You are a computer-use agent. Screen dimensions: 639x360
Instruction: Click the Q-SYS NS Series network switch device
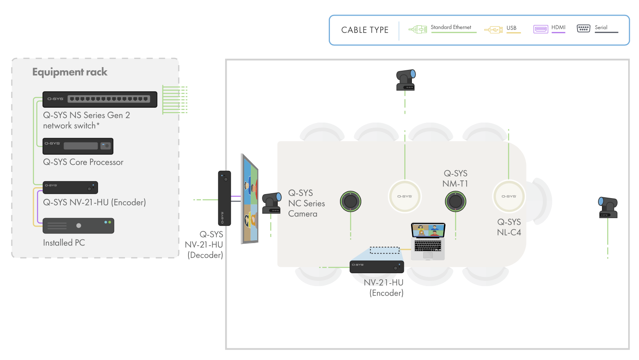pos(100,99)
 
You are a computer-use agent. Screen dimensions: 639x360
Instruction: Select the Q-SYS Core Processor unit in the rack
pos(78,146)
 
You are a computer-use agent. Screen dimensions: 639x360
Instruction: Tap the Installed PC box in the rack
pos(78,226)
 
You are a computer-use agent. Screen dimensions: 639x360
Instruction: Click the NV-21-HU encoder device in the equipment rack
pos(70,187)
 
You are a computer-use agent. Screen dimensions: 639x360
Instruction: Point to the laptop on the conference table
pos(428,241)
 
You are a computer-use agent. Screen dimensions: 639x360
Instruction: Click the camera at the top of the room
pos(406,80)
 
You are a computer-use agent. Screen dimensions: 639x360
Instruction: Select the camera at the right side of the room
pos(608,207)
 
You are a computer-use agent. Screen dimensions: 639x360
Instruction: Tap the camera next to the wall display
pos(272,203)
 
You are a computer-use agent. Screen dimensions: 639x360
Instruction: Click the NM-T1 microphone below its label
pos(456,201)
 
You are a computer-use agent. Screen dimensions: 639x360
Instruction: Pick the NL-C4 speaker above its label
pos(509,196)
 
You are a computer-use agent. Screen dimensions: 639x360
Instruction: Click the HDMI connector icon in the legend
pos(541,29)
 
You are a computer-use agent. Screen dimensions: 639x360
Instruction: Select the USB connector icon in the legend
pos(494,30)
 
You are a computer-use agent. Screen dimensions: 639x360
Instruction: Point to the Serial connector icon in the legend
pos(584,29)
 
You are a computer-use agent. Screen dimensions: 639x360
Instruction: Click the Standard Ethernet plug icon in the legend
pos(418,29)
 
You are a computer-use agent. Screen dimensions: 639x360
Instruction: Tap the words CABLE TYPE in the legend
pos(365,30)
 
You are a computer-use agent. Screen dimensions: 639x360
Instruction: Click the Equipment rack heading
pos(70,72)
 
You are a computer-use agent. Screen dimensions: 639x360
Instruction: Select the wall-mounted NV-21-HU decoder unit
pos(225,198)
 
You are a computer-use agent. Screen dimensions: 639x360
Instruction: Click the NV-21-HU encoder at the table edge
pos(377,267)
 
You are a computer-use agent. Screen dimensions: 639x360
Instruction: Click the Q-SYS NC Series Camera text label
pos(307,203)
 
